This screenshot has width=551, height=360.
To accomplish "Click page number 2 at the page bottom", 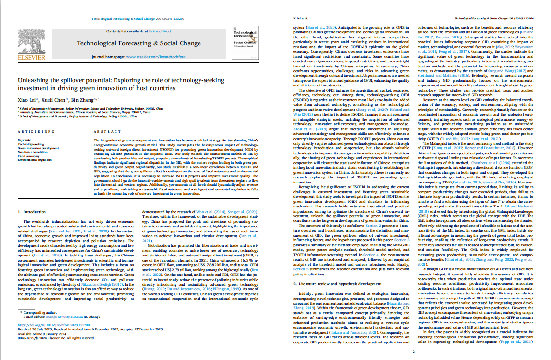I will click(x=414, y=352).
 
